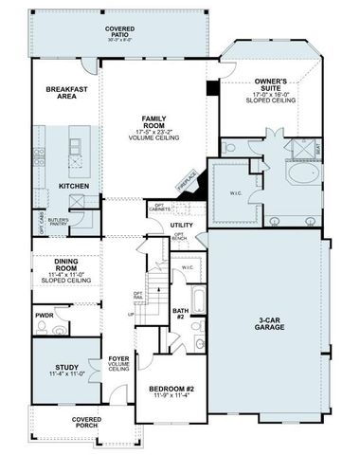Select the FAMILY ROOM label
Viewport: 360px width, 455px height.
(154, 122)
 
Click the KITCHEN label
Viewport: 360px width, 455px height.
(73, 186)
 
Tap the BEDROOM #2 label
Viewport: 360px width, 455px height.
(171, 390)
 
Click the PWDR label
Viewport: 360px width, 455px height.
(44, 315)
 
